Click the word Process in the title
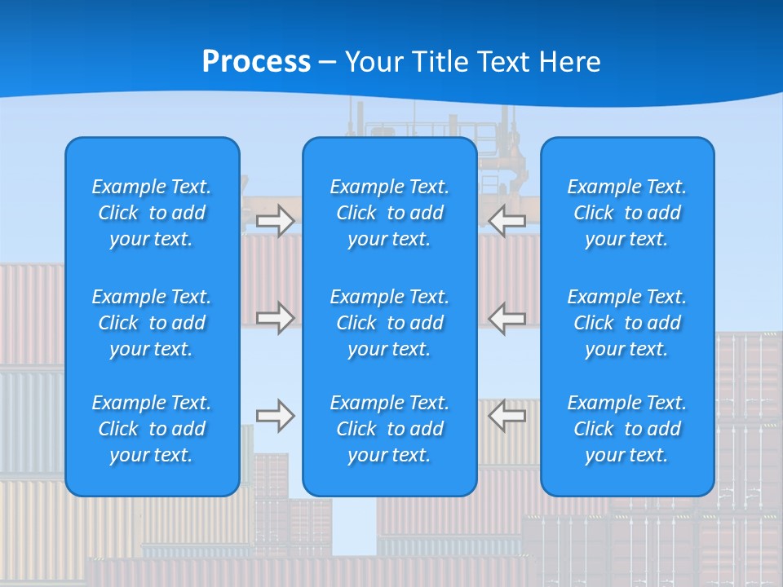tap(256, 62)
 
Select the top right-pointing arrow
tap(276, 221)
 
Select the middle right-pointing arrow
tap(276, 317)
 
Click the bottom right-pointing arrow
tap(276, 416)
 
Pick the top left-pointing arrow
tap(507, 221)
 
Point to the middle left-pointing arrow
tap(507, 317)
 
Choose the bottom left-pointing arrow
tap(507, 416)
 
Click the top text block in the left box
tap(152, 213)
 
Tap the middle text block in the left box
tap(152, 323)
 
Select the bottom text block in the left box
tap(152, 429)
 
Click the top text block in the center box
tap(389, 213)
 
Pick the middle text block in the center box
tap(389, 323)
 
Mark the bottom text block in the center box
tap(389, 429)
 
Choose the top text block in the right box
tap(626, 213)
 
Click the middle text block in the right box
tap(626, 323)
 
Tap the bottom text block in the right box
tap(626, 429)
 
